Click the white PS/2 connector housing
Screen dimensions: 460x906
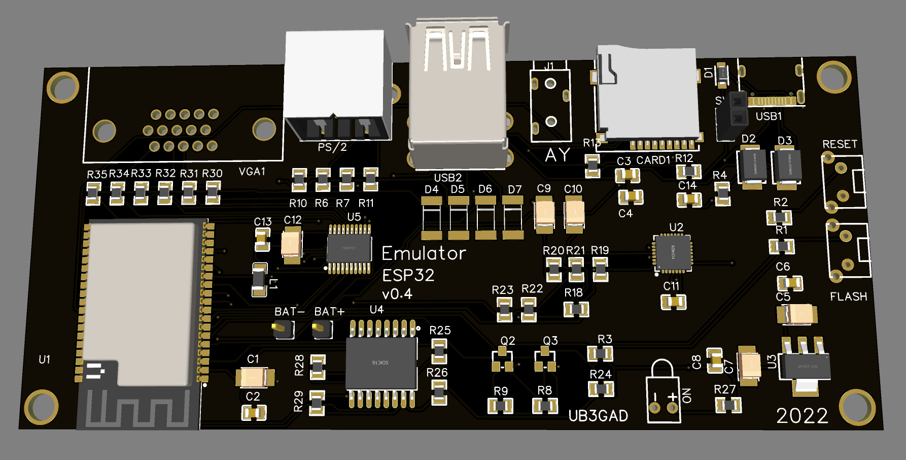[x=335, y=76]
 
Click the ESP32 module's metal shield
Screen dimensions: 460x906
[x=140, y=294]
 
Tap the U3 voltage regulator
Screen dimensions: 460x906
[x=805, y=366]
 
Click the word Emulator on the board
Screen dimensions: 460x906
[x=424, y=253]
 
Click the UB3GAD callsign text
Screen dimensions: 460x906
[x=598, y=416]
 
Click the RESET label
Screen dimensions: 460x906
[x=840, y=144]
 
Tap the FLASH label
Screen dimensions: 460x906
[x=848, y=297]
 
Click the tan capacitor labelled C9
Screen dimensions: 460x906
[x=544, y=213]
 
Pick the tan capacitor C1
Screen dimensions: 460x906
[x=254, y=377]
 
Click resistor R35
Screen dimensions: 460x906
[x=93, y=193]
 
